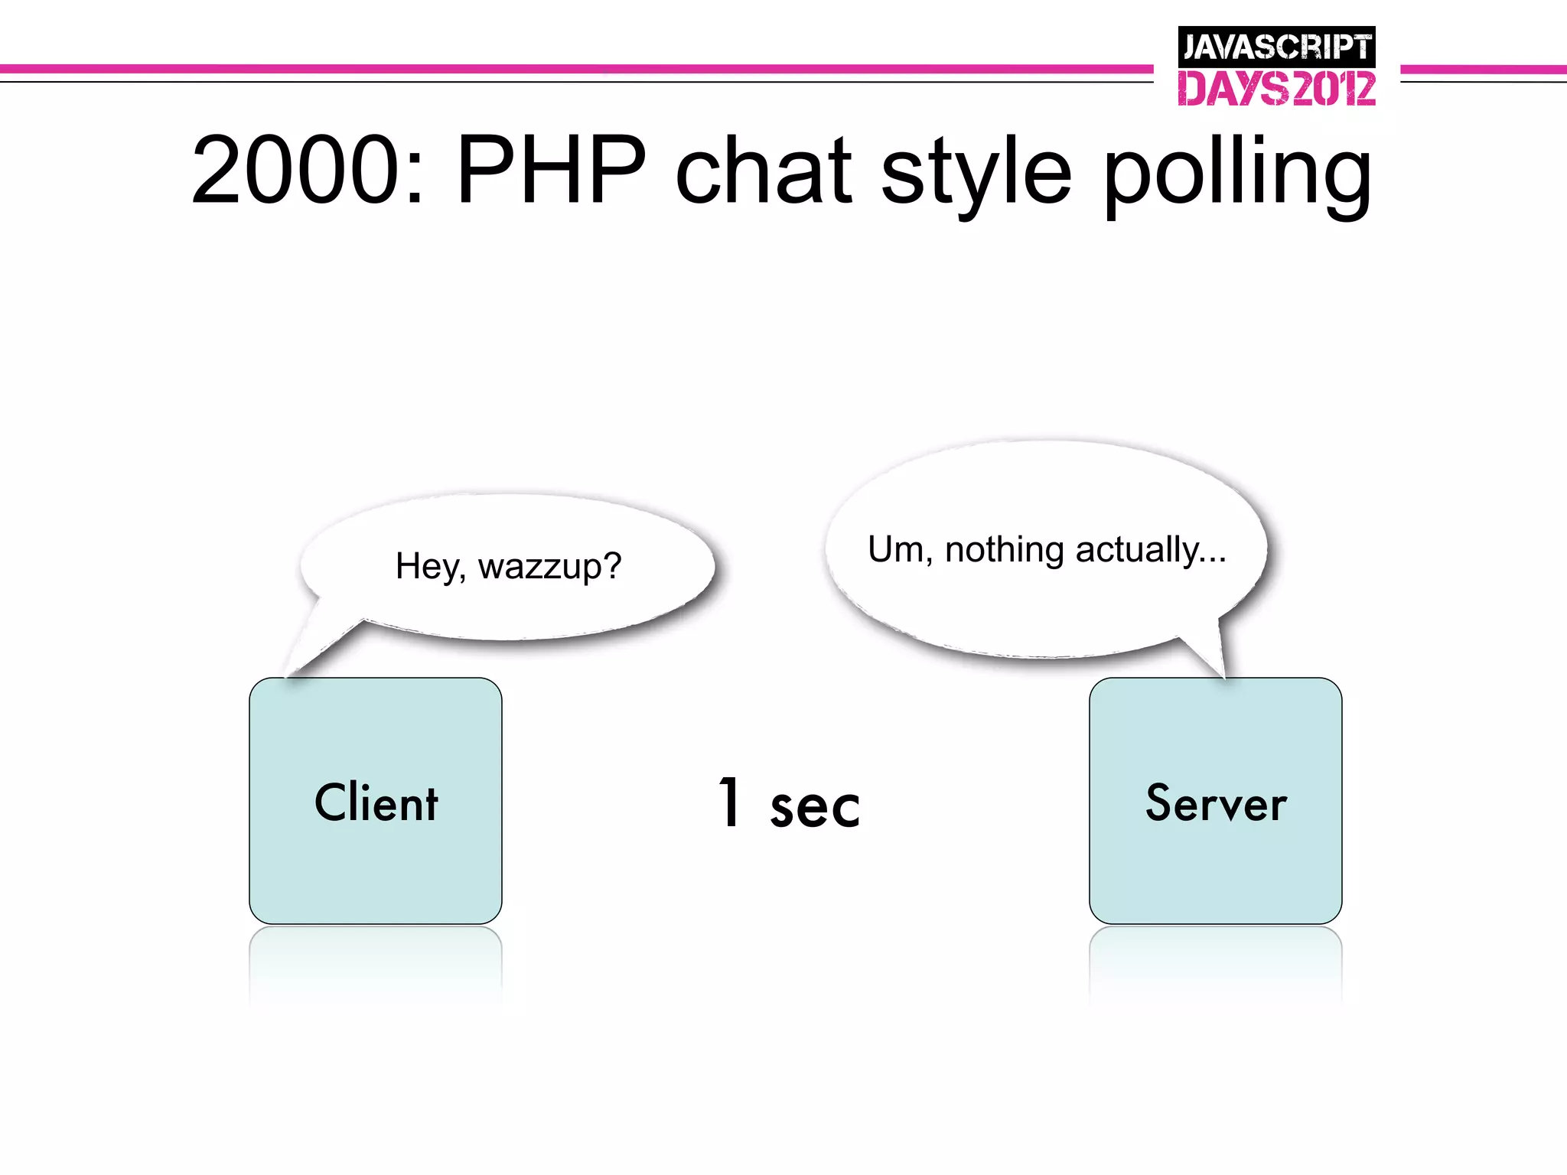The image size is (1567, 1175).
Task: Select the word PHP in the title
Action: [551, 170]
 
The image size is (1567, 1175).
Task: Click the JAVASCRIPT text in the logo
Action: [1276, 47]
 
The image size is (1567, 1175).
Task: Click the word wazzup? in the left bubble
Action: [549, 567]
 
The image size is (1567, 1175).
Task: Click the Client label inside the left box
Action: [376, 802]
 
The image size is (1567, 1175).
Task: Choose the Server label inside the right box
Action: [1216, 802]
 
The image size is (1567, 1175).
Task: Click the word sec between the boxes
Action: [814, 807]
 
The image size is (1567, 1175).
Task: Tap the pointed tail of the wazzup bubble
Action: [306, 650]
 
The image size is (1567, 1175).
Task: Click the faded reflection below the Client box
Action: [376, 964]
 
